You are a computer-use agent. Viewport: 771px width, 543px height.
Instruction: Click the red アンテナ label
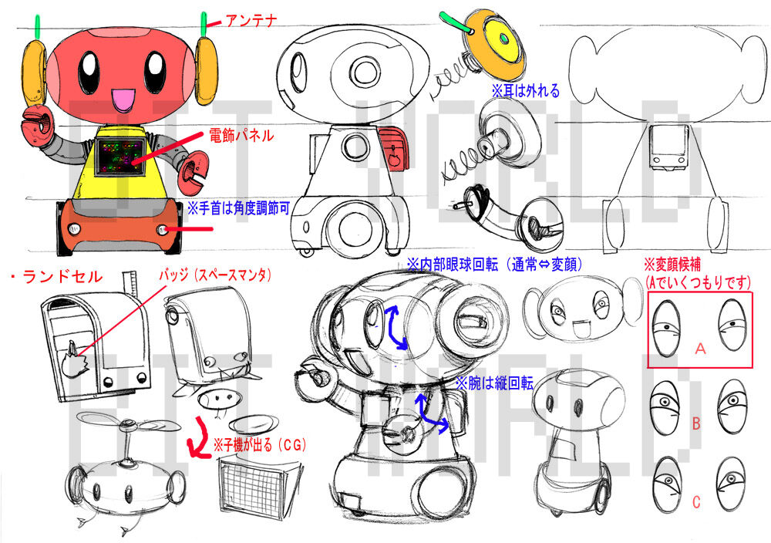click(x=251, y=21)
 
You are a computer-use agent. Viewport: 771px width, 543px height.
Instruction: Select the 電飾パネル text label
click(x=241, y=135)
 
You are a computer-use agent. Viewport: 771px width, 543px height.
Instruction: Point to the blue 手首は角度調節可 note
click(x=239, y=208)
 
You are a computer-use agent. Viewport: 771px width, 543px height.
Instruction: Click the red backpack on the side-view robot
click(x=395, y=149)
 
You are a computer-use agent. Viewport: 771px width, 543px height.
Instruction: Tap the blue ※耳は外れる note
click(x=526, y=91)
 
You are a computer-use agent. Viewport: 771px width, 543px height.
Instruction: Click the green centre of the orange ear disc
click(x=503, y=38)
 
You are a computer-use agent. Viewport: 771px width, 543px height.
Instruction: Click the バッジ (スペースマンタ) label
click(x=215, y=275)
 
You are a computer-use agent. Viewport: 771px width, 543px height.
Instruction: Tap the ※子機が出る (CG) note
click(x=259, y=445)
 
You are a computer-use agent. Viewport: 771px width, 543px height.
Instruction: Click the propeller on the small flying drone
click(x=129, y=423)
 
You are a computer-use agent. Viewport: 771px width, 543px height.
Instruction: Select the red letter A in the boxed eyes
click(x=700, y=349)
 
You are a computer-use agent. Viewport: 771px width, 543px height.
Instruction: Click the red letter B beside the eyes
click(x=695, y=423)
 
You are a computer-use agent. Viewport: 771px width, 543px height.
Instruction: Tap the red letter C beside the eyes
click(x=696, y=502)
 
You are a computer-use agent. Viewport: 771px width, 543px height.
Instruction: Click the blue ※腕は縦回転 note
click(x=495, y=383)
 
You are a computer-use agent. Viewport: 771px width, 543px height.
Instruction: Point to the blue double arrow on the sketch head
click(x=396, y=326)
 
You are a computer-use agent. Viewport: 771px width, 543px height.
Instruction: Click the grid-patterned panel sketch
click(x=256, y=486)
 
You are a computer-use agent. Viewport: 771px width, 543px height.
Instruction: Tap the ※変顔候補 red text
click(x=672, y=265)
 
